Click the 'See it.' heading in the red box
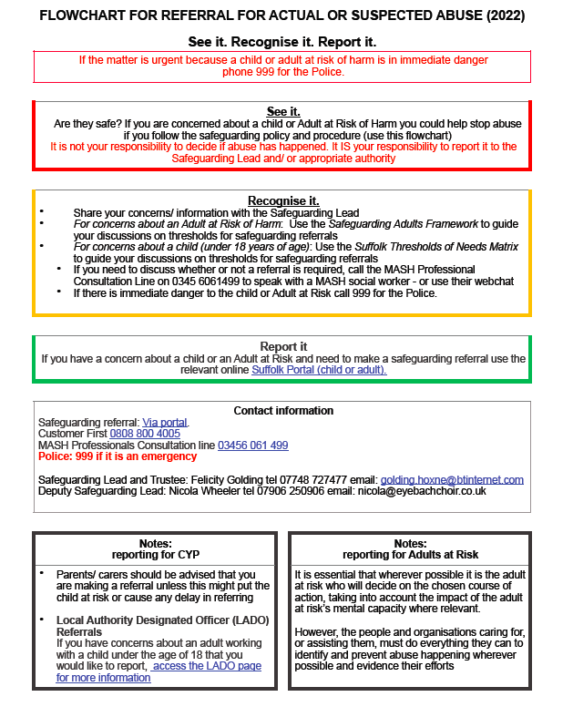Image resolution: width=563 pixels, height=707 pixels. click(x=282, y=111)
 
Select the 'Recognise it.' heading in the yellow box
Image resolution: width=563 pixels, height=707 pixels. click(x=282, y=200)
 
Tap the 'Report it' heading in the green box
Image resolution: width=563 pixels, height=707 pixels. click(x=282, y=347)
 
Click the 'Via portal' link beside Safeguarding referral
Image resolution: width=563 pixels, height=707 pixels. click(x=165, y=422)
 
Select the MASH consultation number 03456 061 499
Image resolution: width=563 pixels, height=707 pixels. click(x=252, y=446)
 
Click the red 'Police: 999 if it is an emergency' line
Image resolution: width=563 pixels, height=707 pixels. click(x=118, y=456)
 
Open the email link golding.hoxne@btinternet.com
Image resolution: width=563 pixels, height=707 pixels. click(x=452, y=479)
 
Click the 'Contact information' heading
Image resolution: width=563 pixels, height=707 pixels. click(x=283, y=411)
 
